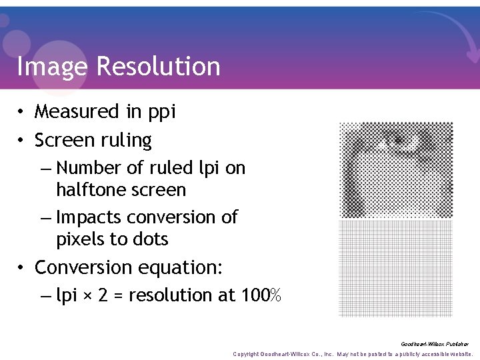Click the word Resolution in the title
(x=158, y=67)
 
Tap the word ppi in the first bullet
(x=161, y=112)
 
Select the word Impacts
(x=88, y=218)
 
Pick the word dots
(x=150, y=239)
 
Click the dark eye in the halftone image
(x=399, y=140)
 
